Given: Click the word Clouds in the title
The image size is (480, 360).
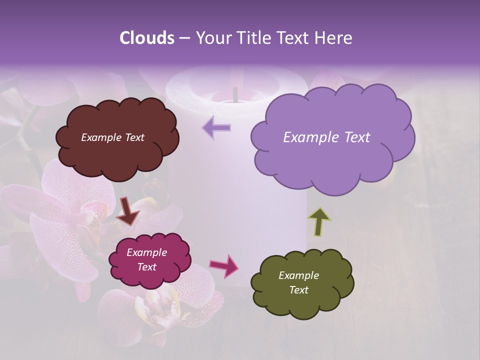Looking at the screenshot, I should click(147, 38).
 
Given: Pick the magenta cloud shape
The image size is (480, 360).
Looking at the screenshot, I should click(149, 277).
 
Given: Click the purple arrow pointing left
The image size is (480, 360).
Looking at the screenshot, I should click(216, 128).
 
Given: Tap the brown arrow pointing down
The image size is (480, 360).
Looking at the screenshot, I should click(128, 211).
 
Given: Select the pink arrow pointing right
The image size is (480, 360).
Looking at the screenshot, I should click(224, 265).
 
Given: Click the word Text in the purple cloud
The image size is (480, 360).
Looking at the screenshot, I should click(354, 137).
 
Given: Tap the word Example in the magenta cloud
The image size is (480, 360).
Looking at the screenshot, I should click(146, 252).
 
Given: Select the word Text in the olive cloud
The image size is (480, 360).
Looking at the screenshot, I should click(298, 290).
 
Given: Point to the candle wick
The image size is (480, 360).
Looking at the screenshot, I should click(234, 94).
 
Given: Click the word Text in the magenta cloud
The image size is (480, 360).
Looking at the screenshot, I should click(146, 267).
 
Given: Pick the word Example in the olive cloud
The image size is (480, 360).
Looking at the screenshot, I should click(298, 275).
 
